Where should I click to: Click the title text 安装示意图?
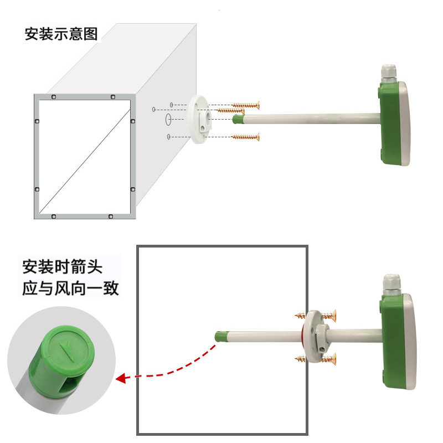click(x=61, y=34)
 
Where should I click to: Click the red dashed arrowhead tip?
click(x=116, y=379)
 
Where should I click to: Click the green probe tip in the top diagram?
click(x=238, y=119)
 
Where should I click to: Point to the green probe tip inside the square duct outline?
click(x=220, y=337)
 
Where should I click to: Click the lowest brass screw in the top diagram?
click(x=245, y=137)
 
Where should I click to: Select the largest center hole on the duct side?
click(x=168, y=120)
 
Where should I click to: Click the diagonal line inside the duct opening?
click(x=85, y=161)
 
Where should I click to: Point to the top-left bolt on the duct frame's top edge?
click(x=54, y=97)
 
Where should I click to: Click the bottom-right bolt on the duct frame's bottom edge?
click(x=111, y=217)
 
